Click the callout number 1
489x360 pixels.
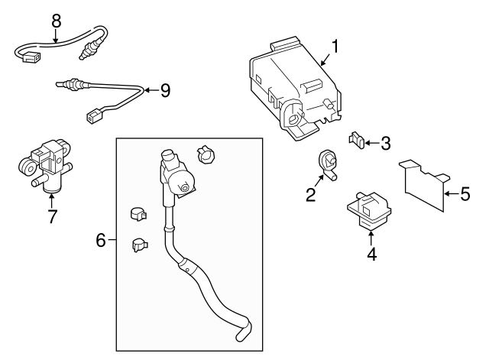tap(335, 46)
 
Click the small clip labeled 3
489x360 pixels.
tap(355, 140)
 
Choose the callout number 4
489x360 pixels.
tap(371, 254)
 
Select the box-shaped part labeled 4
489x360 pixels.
tap(368, 209)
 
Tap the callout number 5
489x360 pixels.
tap(465, 194)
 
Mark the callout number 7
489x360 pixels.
tap(51, 216)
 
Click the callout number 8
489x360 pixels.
tap(55, 21)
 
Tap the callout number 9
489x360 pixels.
tap(164, 91)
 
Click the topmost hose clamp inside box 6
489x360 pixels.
tap(206, 153)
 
